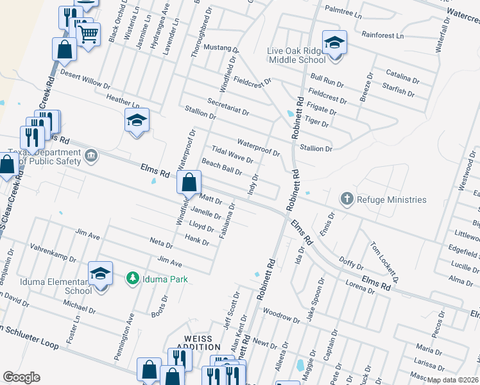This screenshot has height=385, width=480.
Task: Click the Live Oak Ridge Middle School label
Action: point(296,55)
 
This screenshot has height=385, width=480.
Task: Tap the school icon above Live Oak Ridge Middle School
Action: point(334,44)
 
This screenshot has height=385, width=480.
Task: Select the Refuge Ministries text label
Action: point(391,200)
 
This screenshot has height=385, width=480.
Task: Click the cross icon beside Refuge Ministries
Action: point(347,199)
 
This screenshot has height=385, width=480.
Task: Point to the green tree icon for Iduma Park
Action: point(133,278)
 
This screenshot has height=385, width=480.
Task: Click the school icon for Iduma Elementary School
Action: point(100,274)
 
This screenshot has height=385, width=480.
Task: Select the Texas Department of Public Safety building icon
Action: point(90,156)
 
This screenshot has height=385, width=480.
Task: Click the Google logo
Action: point(21,377)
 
